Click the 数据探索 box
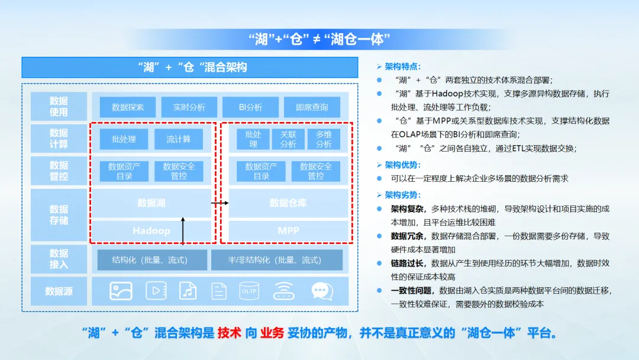click(x=127, y=107)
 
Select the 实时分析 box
click(x=189, y=107)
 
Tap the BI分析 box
click(x=250, y=107)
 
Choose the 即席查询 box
click(x=312, y=107)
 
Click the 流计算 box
click(x=178, y=139)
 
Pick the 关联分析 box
click(x=288, y=139)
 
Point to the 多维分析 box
click(x=324, y=139)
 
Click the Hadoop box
click(x=151, y=230)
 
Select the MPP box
click(x=289, y=230)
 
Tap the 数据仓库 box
click(x=289, y=203)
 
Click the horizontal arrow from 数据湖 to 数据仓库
click(x=220, y=203)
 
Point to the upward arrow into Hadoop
click(x=183, y=231)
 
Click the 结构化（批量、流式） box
click(x=150, y=260)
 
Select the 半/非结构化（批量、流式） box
click(x=276, y=260)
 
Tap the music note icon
click(x=188, y=291)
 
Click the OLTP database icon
click(x=248, y=291)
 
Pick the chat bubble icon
click(x=319, y=291)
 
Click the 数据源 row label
click(x=59, y=291)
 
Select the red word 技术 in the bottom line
click(x=230, y=333)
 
